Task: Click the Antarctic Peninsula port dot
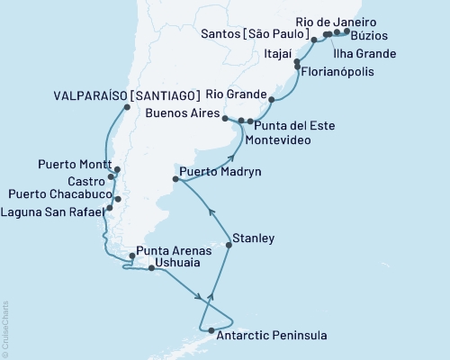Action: pos(211,331)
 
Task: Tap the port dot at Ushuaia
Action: pos(150,267)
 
